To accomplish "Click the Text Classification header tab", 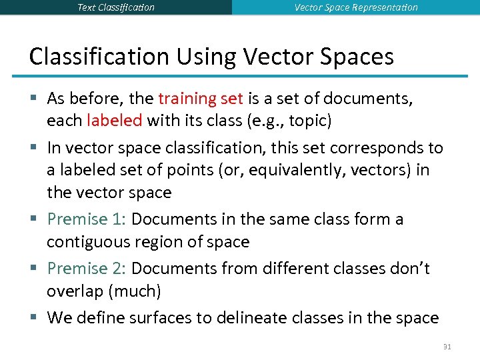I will point(116,7).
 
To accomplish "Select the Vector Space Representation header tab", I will point(356,7).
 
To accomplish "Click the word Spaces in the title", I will point(357,56).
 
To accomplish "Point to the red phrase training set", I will point(201,99).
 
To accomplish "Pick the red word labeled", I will point(115,121).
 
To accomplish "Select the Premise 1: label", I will point(87,219).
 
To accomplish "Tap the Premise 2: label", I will point(87,269).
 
